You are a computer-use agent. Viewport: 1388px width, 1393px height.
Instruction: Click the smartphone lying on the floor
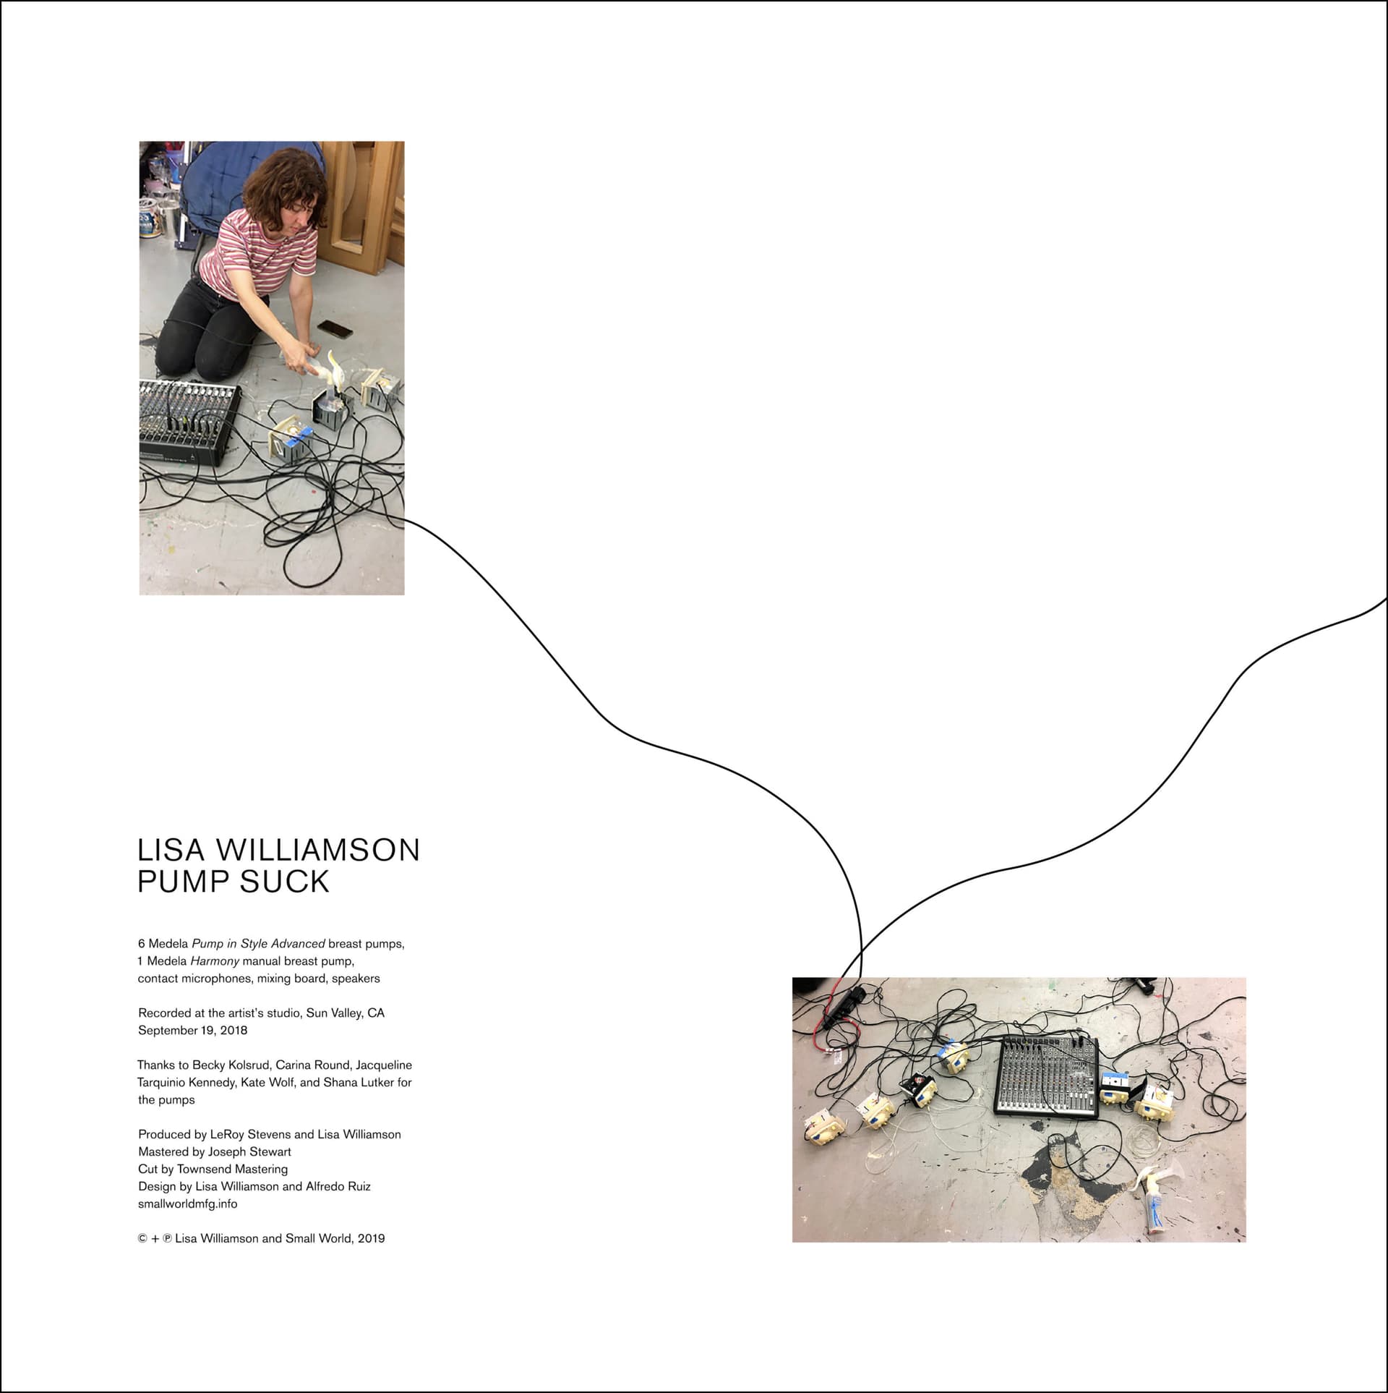tap(335, 329)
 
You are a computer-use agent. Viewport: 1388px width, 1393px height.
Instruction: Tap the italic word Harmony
tap(215, 961)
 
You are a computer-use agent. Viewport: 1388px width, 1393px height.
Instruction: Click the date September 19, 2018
tap(192, 1030)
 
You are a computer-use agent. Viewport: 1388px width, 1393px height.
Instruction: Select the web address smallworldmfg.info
tap(187, 1204)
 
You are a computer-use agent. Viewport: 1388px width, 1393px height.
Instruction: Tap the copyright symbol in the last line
tap(142, 1238)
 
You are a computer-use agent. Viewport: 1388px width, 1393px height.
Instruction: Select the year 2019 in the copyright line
tap(371, 1238)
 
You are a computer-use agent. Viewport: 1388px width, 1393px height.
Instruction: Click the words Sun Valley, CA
tap(346, 1013)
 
